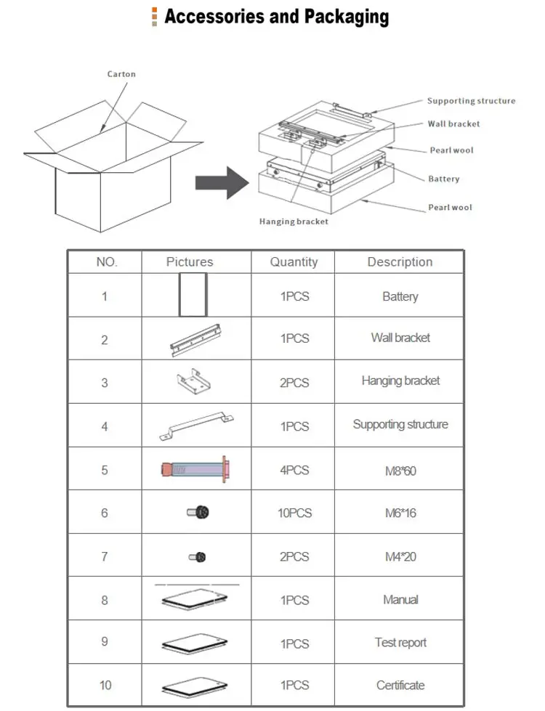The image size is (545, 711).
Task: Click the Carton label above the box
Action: [121, 74]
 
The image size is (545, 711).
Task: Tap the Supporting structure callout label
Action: [471, 101]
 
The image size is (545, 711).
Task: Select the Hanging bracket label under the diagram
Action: [294, 222]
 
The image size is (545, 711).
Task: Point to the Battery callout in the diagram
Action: [443, 179]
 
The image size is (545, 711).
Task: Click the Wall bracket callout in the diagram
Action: [453, 124]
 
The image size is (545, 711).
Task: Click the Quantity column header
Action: [294, 262]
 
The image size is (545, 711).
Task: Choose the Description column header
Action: [400, 262]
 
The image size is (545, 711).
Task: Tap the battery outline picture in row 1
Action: [193, 295]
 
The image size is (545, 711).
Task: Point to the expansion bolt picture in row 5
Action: [195, 468]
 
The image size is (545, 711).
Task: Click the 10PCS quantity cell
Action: [294, 513]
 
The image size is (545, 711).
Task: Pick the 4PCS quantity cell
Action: [294, 470]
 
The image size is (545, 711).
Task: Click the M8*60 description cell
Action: [400, 471]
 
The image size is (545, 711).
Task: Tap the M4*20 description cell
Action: [400, 557]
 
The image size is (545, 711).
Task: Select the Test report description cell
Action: [400, 643]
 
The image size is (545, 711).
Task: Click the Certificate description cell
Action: [400, 686]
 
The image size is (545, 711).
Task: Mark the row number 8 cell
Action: [105, 601]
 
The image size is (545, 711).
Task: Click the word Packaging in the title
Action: [339, 17]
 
